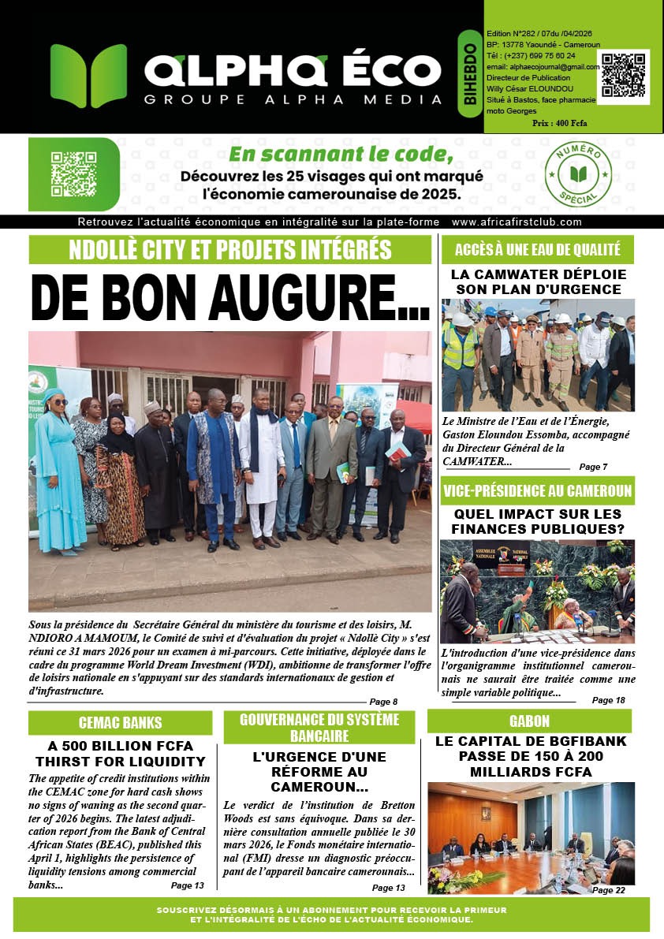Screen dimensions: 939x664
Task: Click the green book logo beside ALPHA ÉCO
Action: [x=88, y=76]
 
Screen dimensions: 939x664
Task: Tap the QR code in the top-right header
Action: [x=623, y=76]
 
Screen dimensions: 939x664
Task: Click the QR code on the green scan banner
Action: [x=73, y=174]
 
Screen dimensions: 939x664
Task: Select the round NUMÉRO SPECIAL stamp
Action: [x=584, y=175]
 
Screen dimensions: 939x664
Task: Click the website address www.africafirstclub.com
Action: [x=517, y=222]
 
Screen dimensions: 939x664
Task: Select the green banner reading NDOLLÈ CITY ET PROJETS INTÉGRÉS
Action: [x=229, y=249]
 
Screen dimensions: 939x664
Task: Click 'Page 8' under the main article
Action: [x=383, y=702]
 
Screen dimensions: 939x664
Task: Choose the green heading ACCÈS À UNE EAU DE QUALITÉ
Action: [x=537, y=250]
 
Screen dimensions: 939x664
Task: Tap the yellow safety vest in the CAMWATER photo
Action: [x=461, y=348]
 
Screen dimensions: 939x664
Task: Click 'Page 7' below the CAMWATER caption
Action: [x=593, y=467]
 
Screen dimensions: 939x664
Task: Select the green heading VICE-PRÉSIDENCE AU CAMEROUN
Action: [x=537, y=491]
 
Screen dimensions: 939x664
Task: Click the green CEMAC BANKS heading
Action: [x=120, y=722]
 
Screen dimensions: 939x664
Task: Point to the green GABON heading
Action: [x=529, y=721]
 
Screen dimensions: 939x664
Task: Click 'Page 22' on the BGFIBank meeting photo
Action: [x=608, y=889]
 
